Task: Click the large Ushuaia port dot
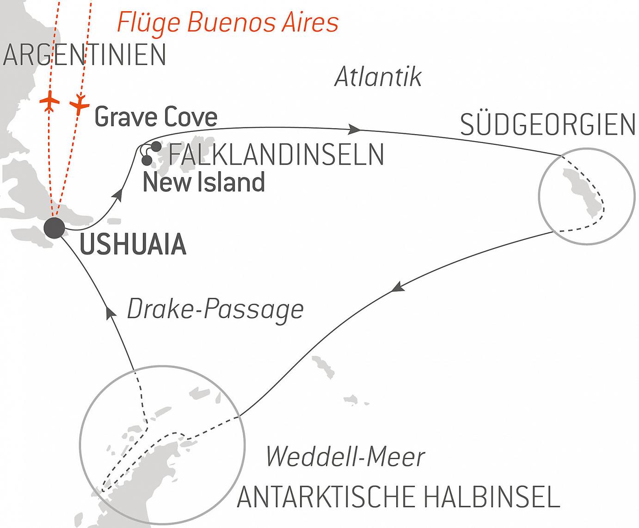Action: [x=54, y=228]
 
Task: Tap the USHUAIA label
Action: [x=133, y=245]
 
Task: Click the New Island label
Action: [x=203, y=182]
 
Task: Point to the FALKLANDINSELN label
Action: [x=276, y=155]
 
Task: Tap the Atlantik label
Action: [x=378, y=77]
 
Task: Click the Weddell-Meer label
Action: [x=345, y=457]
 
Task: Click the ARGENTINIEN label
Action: [x=84, y=55]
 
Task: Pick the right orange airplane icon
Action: [x=80, y=105]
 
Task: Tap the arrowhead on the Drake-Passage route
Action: [x=111, y=313]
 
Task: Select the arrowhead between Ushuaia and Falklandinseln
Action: [x=118, y=195]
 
